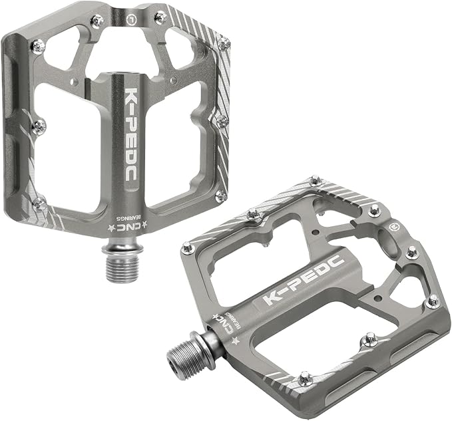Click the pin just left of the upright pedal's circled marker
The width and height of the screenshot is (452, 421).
coord(98,21)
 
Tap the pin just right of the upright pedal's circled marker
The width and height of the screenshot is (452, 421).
coord(160,18)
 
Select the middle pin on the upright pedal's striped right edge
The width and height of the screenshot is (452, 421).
coord(222,121)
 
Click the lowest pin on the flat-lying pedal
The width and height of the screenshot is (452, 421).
coord(305,378)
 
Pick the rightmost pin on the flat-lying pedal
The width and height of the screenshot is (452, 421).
coord(433,301)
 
